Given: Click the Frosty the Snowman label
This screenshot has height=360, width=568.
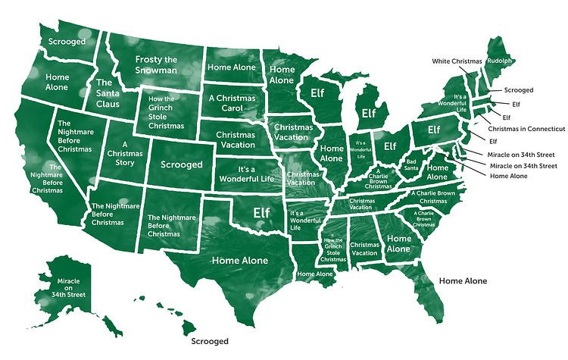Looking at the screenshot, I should coord(156,64).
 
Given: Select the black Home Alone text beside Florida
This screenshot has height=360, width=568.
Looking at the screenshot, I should coord(463,280).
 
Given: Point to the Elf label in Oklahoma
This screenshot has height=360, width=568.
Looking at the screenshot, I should coord(261,212).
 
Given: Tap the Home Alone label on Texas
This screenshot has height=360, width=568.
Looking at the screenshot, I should coord(239,260).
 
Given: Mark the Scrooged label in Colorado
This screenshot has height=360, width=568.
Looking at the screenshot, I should coord(182,164).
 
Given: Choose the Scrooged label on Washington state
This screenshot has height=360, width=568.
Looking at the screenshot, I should coord(67,42).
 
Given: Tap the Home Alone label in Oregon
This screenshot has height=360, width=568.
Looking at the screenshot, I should coord(57,82).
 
